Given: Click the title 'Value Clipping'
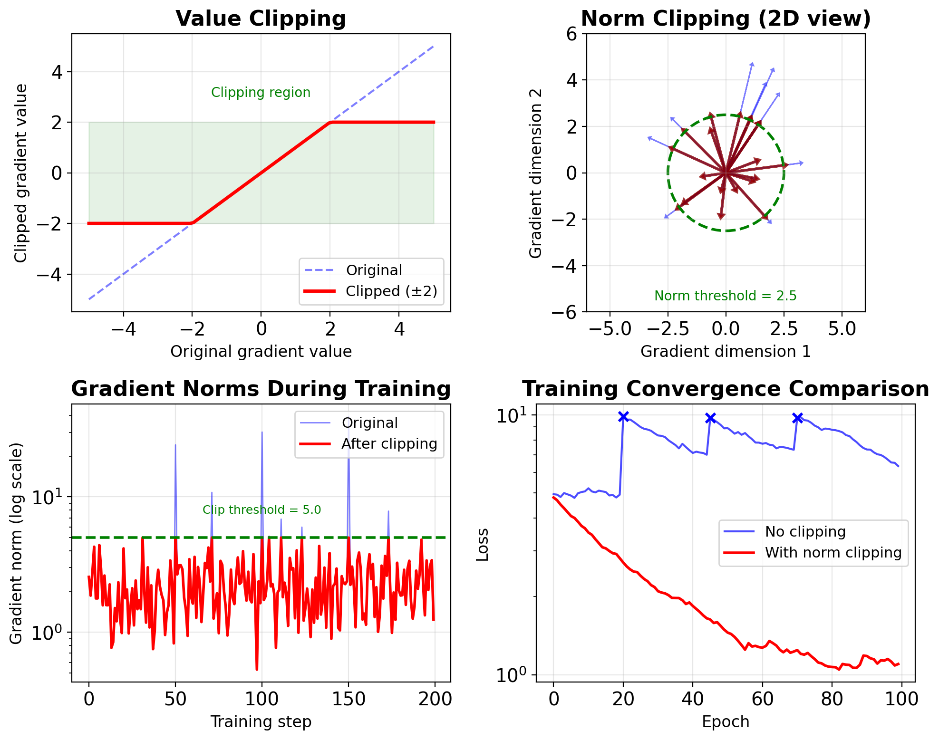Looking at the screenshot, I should point(261,19).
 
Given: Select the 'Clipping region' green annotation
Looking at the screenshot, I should point(261,92).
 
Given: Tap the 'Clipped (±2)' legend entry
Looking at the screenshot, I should point(391,291).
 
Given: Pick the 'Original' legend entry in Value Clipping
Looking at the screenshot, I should point(374,270).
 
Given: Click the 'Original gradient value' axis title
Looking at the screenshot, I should point(261,351).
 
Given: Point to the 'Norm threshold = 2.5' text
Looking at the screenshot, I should point(725,296).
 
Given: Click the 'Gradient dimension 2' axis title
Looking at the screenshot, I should point(535,173).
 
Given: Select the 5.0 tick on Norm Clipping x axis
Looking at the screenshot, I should point(842,329).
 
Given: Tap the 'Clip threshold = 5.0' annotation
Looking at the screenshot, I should point(261,510).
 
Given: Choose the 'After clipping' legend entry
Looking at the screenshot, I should point(389,443).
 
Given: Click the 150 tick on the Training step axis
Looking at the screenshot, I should point(348,699).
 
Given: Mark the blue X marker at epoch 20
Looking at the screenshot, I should point(623,417).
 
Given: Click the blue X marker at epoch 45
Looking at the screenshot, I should point(710,418).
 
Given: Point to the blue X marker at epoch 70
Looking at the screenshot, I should point(797,418).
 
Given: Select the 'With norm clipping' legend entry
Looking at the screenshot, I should point(833,552).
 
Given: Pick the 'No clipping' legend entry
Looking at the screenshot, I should point(805,531).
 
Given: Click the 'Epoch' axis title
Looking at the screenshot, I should point(725,721).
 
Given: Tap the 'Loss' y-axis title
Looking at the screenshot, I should point(483,545).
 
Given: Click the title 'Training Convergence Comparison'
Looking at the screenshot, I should point(725,389).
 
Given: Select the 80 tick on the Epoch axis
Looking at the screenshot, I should point(832,699).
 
